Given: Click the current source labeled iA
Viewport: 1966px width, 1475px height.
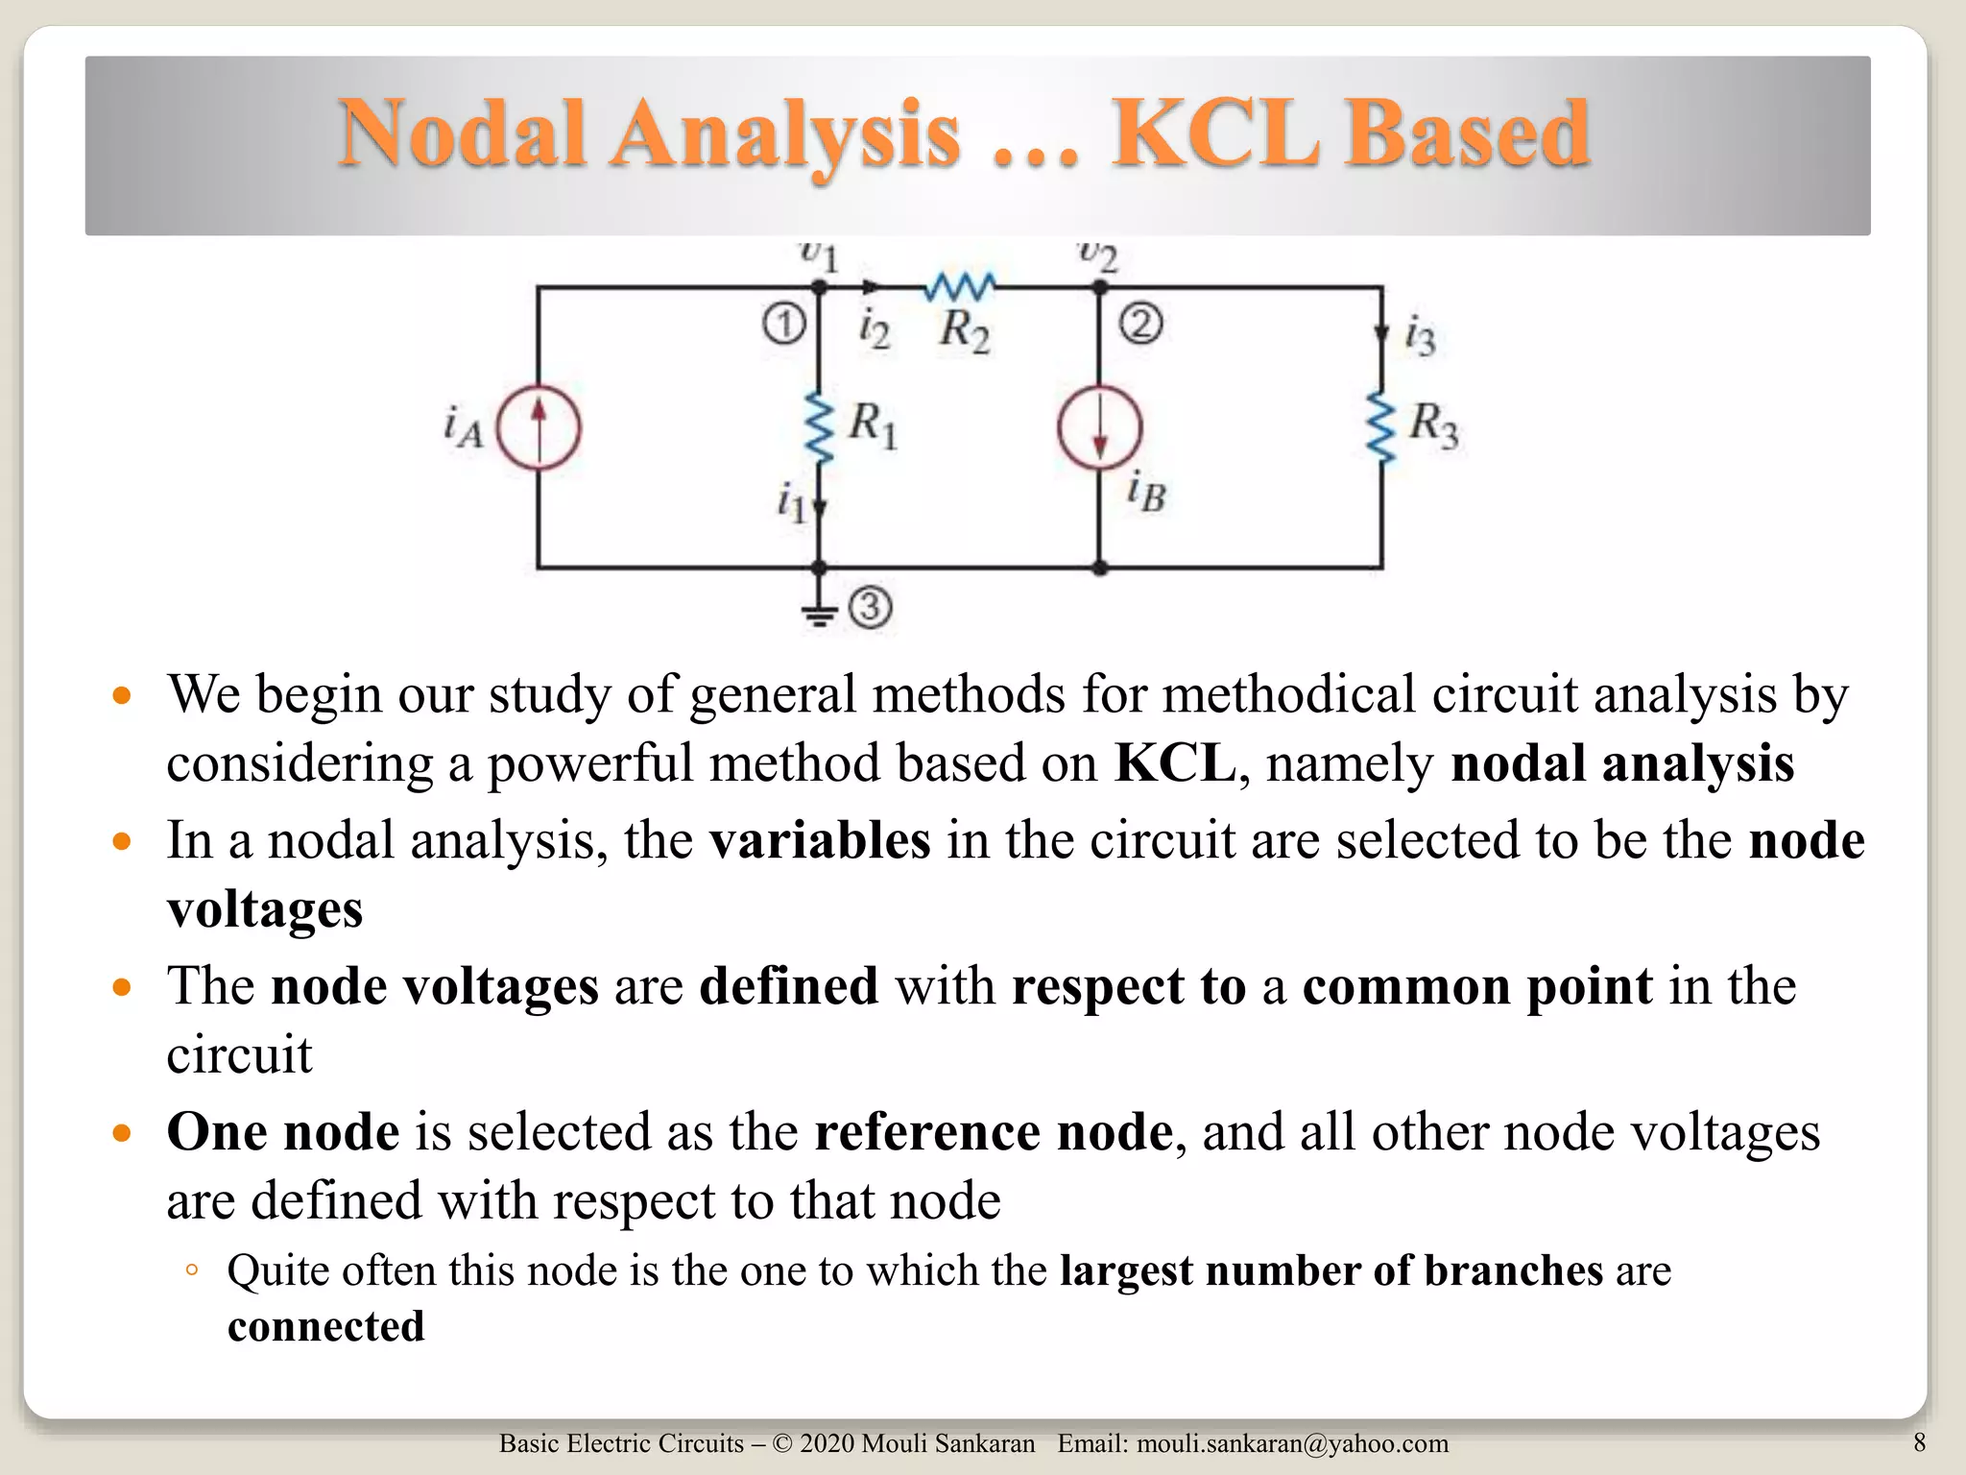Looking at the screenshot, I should coord(539,427).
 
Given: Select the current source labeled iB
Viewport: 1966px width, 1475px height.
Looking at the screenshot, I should coord(1100,427).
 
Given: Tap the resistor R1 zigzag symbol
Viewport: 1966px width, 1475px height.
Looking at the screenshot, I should coord(819,427).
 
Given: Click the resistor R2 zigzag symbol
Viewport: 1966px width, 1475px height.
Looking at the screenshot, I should coord(960,286).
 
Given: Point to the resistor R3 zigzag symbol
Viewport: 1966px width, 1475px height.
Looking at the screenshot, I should coord(1381,427).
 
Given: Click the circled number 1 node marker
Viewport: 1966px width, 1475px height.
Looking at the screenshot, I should coord(784,324).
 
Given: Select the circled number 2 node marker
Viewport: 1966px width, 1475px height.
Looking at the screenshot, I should coord(1140,324).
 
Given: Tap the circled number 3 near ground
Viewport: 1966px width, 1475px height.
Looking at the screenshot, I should coord(870,608).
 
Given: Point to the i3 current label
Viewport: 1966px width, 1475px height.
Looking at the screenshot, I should coord(1420,336).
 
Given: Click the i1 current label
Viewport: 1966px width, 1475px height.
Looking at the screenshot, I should coord(790,502).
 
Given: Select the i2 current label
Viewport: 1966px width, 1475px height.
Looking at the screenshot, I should coord(874,329).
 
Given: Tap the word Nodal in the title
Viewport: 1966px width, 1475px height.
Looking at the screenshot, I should coord(462,133).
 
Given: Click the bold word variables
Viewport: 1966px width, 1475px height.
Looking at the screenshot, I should coord(820,840).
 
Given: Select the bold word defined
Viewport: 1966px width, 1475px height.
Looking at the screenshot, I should coord(788,986).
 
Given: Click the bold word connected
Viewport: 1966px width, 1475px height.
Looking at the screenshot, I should coord(325,1327).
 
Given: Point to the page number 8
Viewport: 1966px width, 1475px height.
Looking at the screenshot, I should coord(1919,1441).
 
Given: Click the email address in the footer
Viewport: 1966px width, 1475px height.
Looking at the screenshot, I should coord(1292,1443).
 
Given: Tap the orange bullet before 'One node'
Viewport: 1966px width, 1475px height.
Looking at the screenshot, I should coord(121,1133).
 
